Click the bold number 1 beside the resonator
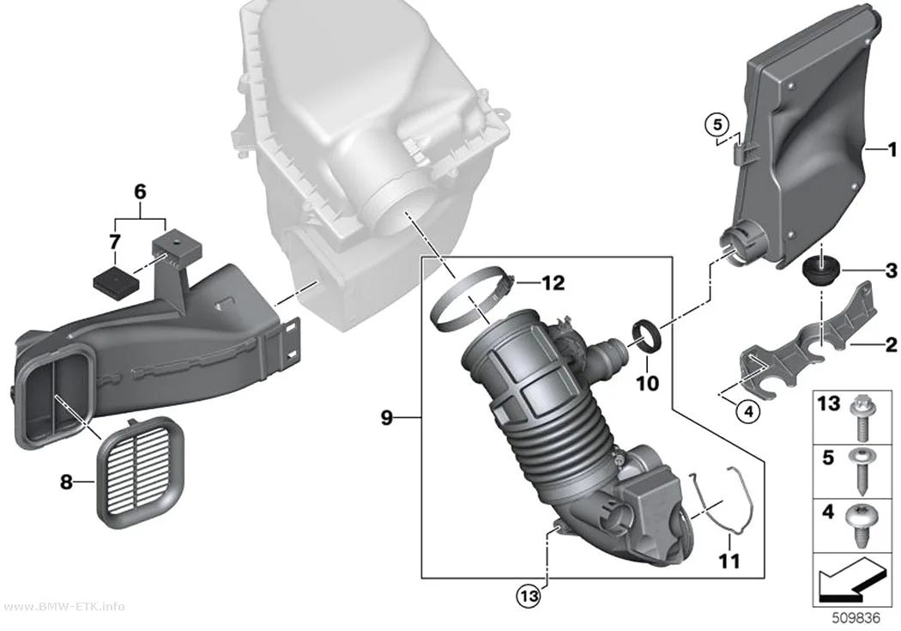892,150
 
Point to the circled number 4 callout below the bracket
747,411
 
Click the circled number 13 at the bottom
529,596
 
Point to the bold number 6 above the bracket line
140,191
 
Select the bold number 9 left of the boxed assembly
387,417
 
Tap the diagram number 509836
856,618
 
